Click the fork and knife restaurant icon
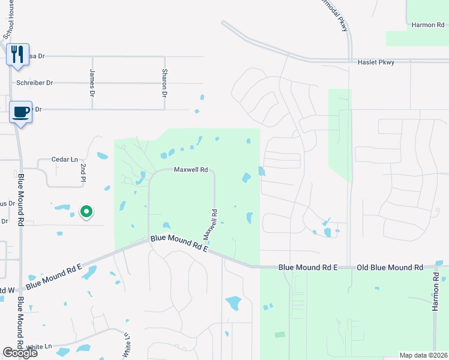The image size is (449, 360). (17, 54)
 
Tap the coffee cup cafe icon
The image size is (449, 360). (21, 112)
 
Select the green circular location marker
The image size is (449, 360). (86, 212)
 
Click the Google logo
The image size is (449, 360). (20, 353)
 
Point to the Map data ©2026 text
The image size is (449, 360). (423, 355)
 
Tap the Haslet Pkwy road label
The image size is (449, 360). (376, 62)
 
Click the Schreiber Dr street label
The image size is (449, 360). (35, 83)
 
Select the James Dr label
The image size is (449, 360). (92, 83)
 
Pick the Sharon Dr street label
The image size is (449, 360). (164, 83)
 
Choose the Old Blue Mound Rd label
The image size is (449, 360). (390, 267)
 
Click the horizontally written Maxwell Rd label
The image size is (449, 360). (190, 170)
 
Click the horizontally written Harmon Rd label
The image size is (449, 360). (427, 25)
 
